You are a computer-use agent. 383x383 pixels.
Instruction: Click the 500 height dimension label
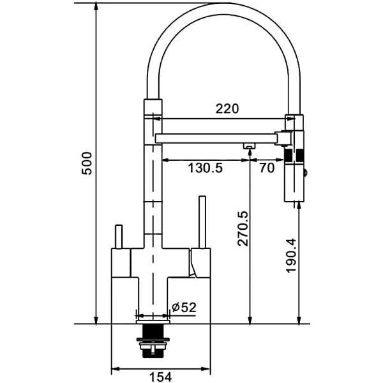87,163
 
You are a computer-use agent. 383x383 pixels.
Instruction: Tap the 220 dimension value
227,109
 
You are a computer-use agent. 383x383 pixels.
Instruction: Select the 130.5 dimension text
205,168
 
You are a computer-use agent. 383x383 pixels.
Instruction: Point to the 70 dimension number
267,168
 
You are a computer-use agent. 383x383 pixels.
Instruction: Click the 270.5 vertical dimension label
243,229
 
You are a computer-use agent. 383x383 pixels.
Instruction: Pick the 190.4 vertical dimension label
291,255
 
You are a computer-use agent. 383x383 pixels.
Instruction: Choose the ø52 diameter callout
184,308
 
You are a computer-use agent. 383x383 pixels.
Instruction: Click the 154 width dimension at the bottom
160,377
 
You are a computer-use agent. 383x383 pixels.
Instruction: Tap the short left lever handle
119,236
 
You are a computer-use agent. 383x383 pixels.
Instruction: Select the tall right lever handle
202,222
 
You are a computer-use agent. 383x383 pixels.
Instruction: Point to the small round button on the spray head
305,173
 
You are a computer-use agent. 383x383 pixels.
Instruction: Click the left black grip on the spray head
289,155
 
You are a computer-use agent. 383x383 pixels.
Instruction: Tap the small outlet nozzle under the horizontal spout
249,146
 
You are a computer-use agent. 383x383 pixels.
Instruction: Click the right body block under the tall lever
201,263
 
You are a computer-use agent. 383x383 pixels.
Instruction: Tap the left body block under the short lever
121,263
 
